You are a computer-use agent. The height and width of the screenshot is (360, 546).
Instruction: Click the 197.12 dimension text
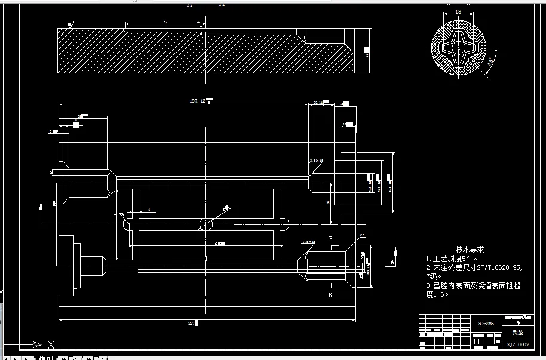(x=198, y=101)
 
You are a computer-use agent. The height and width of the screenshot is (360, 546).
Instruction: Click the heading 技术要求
(x=470, y=250)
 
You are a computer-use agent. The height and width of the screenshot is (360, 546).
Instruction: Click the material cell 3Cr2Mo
(x=486, y=324)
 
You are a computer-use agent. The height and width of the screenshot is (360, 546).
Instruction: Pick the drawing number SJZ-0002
(x=517, y=344)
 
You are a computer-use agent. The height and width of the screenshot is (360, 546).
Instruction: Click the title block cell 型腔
(x=517, y=334)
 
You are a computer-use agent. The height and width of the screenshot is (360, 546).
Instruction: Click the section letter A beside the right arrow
(x=392, y=262)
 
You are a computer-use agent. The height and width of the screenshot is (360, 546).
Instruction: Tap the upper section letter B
(x=330, y=239)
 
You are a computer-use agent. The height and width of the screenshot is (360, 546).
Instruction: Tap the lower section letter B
(x=330, y=294)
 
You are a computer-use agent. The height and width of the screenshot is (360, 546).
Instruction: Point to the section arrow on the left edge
(x=40, y=206)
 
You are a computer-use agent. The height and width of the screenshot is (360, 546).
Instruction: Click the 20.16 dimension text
(x=318, y=103)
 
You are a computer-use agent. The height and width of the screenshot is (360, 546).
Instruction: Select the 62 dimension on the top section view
(x=165, y=22)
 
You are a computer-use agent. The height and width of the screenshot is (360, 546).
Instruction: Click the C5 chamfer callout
(x=362, y=236)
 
